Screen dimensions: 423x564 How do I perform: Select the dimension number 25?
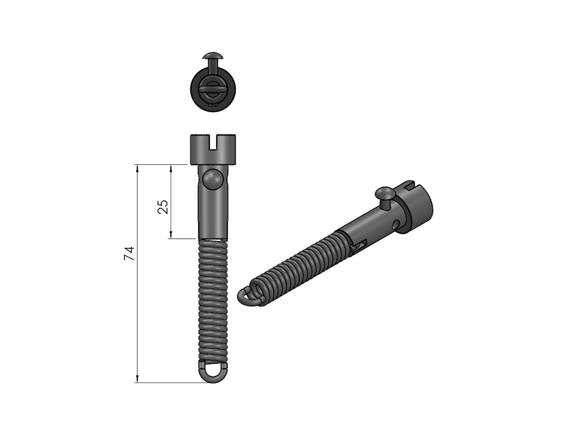point(163,207)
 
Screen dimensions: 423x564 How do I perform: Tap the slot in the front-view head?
point(214,141)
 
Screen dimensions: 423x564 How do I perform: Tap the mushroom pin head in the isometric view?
point(384,193)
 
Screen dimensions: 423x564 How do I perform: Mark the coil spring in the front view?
point(213,301)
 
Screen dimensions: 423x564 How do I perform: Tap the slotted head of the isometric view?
point(416,202)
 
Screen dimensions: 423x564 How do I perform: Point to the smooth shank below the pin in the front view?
point(213,216)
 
